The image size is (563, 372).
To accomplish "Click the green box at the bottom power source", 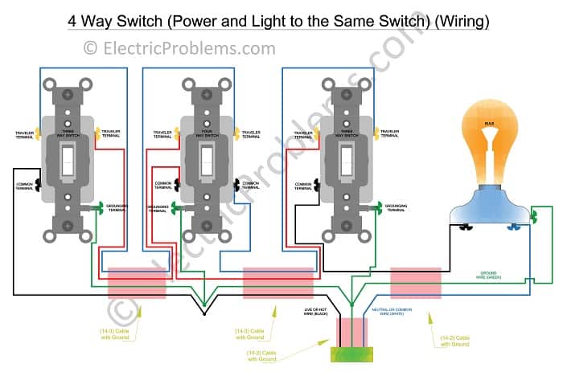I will pyautogui.click(x=351, y=354).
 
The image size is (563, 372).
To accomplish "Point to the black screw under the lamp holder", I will pyautogui.click(x=465, y=227).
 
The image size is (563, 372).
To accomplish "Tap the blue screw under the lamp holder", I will pyautogui.click(x=512, y=227).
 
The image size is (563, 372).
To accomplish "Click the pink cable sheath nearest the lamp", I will pyautogui.click(x=415, y=284).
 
